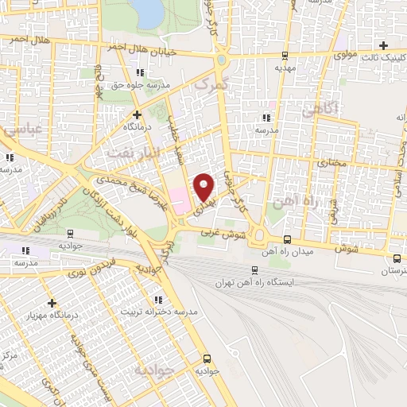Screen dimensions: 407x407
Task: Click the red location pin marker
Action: (204, 188)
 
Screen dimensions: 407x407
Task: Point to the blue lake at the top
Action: (147, 10)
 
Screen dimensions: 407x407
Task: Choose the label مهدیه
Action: (285, 68)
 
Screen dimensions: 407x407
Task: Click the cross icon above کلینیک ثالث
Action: (385, 45)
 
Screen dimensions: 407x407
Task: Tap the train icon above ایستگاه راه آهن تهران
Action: (254, 269)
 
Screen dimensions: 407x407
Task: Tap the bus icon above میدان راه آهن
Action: (287, 239)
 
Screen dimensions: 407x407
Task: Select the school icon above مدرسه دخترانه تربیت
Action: (158, 299)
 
